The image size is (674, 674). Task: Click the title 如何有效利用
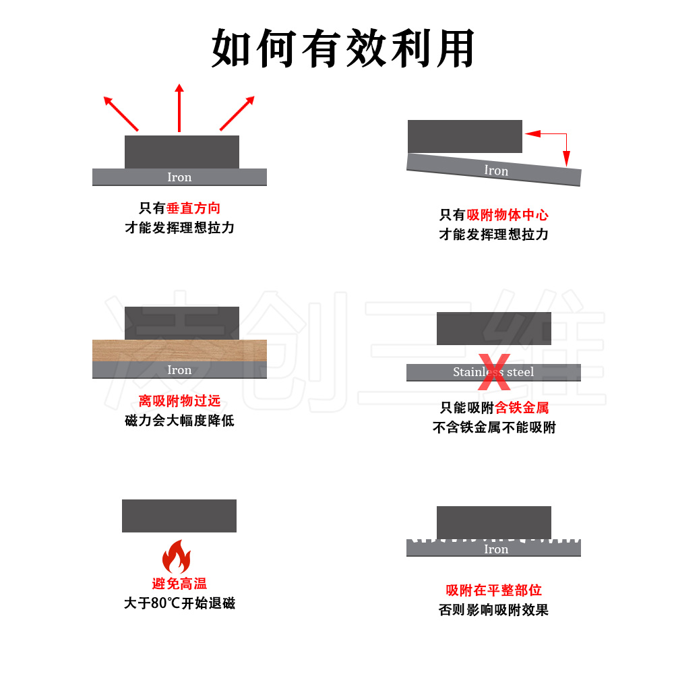(344, 49)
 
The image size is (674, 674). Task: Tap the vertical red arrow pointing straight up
(179, 108)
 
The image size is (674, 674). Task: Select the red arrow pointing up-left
(121, 113)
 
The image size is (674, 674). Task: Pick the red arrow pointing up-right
(237, 113)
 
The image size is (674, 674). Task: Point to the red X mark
(495, 372)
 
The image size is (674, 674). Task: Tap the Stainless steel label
(493, 372)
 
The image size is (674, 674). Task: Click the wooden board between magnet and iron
(179, 350)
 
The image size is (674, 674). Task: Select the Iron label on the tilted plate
(496, 171)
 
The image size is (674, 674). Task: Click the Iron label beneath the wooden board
(179, 370)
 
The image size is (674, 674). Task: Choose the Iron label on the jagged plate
(496, 549)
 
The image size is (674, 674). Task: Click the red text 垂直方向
(193, 208)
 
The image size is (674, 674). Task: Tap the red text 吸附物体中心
(508, 215)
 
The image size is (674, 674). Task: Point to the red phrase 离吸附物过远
(179, 401)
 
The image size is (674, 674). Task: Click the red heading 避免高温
(179, 584)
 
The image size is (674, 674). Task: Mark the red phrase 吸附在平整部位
(494, 590)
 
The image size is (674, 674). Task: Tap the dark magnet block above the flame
(179, 516)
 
